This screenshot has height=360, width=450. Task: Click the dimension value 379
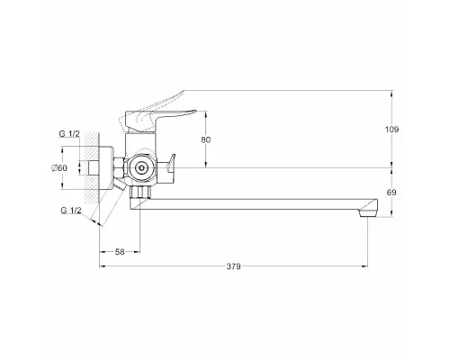click(x=233, y=266)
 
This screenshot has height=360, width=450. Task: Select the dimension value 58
click(x=120, y=252)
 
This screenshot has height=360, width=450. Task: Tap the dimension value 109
click(x=391, y=130)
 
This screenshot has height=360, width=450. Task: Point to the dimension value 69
click(x=391, y=193)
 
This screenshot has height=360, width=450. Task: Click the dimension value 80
click(x=206, y=139)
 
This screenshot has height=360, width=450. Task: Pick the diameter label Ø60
click(x=59, y=168)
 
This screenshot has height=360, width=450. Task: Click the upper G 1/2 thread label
click(x=69, y=134)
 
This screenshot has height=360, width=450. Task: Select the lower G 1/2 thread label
click(x=71, y=211)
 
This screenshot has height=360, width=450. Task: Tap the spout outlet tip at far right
click(x=368, y=212)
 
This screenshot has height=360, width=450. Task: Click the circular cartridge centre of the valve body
click(x=140, y=168)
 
